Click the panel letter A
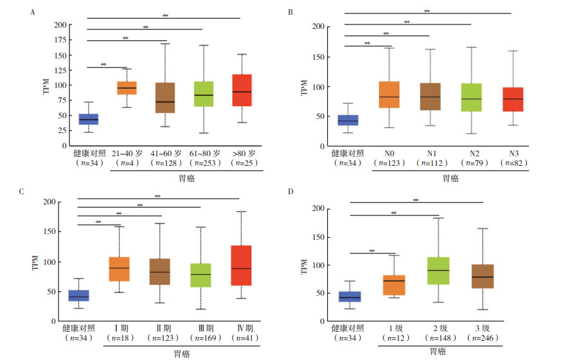(x=33, y=12)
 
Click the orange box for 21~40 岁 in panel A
(x=126, y=88)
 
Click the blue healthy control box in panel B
(x=348, y=120)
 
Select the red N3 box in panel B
(x=513, y=99)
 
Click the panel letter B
(x=290, y=12)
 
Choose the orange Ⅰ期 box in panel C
(x=120, y=269)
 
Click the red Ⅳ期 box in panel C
(x=242, y=265)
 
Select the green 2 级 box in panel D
(x=439, y=271)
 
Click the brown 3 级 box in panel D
(x=482, y=276)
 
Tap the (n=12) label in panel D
(x=395, y=337)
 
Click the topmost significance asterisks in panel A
(x=165, y=15)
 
